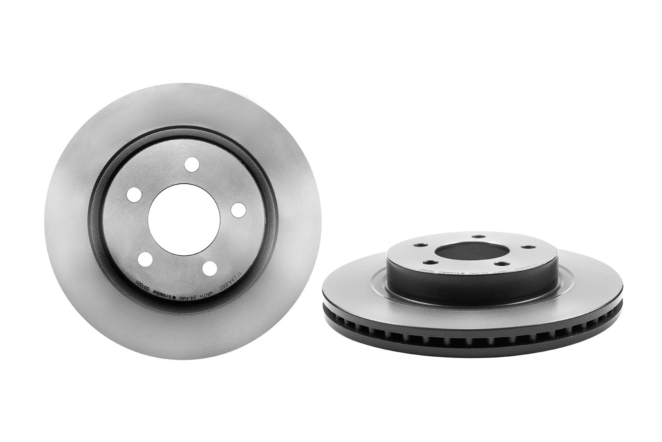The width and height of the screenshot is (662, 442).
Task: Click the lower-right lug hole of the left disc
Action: pyautogui.click(x=210, y=268)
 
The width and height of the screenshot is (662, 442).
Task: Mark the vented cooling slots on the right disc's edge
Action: pyautogui.click(x=472, y=331)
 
